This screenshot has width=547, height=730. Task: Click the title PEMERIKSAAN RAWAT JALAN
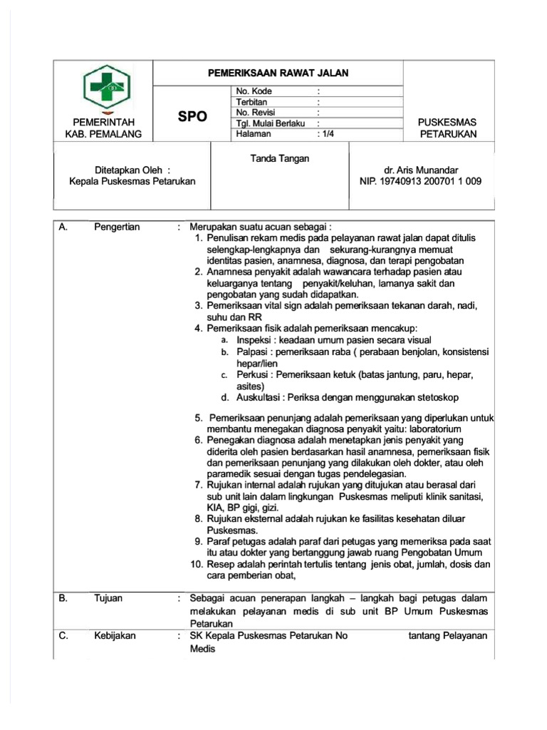(x=278, y=73)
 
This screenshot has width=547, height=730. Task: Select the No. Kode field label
(x=254, y=91)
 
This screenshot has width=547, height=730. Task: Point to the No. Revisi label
(x=255, y=113)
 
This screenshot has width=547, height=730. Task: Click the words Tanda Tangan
(x=280, y=158)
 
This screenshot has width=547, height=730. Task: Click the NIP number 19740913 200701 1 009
(x=420, y=182)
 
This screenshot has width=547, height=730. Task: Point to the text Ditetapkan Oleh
(x=132, y=170)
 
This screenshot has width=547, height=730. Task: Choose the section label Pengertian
(x=117, y=227)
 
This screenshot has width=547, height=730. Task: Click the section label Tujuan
(x=109, y=598)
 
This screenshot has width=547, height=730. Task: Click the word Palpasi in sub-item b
(x=253, y=352)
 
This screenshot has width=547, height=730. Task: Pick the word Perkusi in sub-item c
(x=253, y=375)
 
